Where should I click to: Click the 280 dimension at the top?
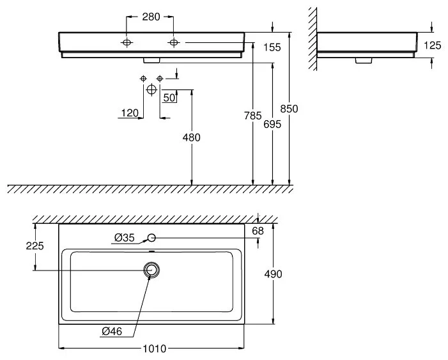click(x=151, y=17)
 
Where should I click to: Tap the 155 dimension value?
click(x=272, y=47)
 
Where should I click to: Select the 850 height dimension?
click(x=289, y=109)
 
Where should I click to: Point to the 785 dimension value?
click(x=252, y=116)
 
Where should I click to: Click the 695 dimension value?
click(x=272, y=124)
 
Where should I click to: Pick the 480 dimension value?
click(x=192, y=137)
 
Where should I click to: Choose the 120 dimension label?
click(x=130, y=113)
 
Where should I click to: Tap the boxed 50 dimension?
click(x=169, y=98)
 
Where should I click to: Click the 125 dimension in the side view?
click(x=432, y=45)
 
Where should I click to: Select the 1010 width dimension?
click(x=154, y=348)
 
